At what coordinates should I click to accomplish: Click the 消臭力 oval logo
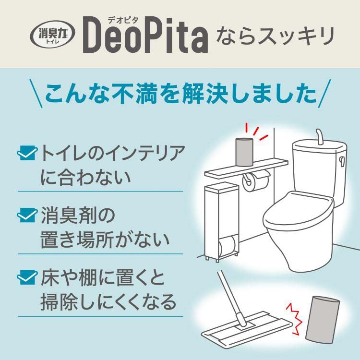(x=53, y=34)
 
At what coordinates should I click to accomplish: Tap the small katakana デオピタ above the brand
(x=123, y=21)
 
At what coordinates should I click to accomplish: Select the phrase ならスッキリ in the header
(x=275, y=36)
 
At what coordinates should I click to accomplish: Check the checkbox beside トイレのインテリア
(x=27, y=153)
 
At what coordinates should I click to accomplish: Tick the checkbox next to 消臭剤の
(x=27, y=215)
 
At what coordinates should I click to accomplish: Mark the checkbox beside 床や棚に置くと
(x=27, y=277)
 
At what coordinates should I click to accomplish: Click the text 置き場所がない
(x=105, y=240)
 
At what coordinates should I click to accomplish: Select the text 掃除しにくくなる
(x=108, y=302)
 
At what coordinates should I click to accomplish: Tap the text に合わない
(x=85, y=177)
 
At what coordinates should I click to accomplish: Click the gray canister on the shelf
(x=244, y=152)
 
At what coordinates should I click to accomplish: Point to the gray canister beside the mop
(x=323, y=319)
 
